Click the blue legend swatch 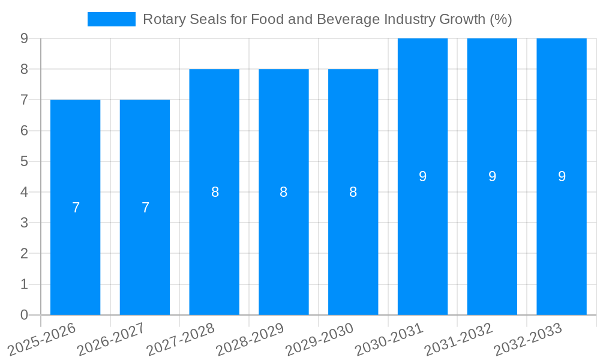112,19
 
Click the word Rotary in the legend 161,19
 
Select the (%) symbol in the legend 500,19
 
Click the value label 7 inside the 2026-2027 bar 145,208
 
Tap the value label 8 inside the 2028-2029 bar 284,192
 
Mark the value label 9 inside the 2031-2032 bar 492,176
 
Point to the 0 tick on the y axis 24,315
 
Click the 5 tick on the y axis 24,161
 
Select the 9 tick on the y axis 24,38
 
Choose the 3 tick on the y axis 24,223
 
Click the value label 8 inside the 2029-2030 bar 353,192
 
